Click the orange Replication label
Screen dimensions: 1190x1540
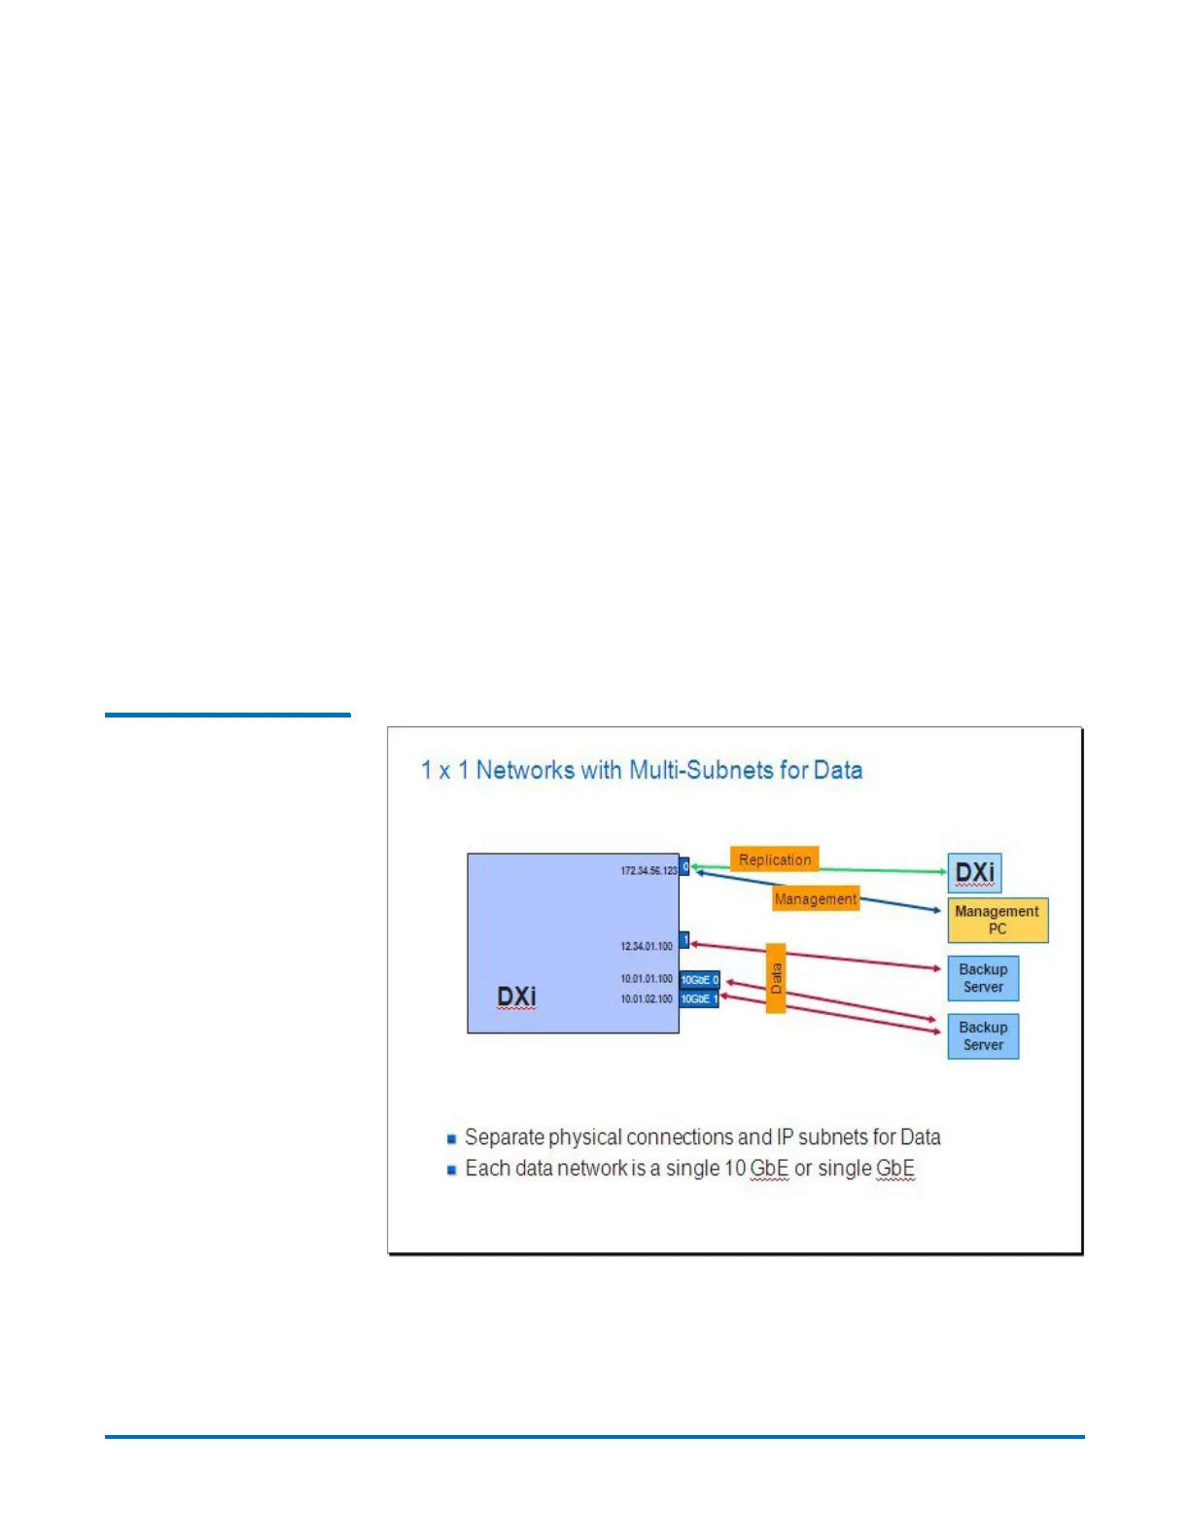tap(774, 859)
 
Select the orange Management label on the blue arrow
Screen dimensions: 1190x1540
tap(816, 899)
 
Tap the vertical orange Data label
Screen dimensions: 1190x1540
tap(776, 978)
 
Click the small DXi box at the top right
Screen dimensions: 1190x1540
tap(974, 872)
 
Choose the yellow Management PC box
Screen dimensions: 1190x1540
tap(997, 920)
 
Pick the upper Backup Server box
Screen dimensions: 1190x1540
tap(983, 978)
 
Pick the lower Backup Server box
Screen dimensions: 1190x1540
tap(983, 1036)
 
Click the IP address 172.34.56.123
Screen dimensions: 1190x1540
tap(648, 870)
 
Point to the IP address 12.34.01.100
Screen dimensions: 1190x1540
tap(647, 946)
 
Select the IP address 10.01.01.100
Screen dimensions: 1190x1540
tap(647, 979)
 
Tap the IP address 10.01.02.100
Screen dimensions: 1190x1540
tap(647, 998)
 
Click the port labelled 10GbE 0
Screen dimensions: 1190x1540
tap(699, 980)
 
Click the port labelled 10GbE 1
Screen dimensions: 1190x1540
tap(699, 999)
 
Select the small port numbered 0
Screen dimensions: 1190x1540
tap(685, 866)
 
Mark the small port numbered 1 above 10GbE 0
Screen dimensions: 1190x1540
tap(684, 940)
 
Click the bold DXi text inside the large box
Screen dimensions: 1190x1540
tap(516, 997)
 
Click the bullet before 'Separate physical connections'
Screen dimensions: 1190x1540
tap(451, 1138)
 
